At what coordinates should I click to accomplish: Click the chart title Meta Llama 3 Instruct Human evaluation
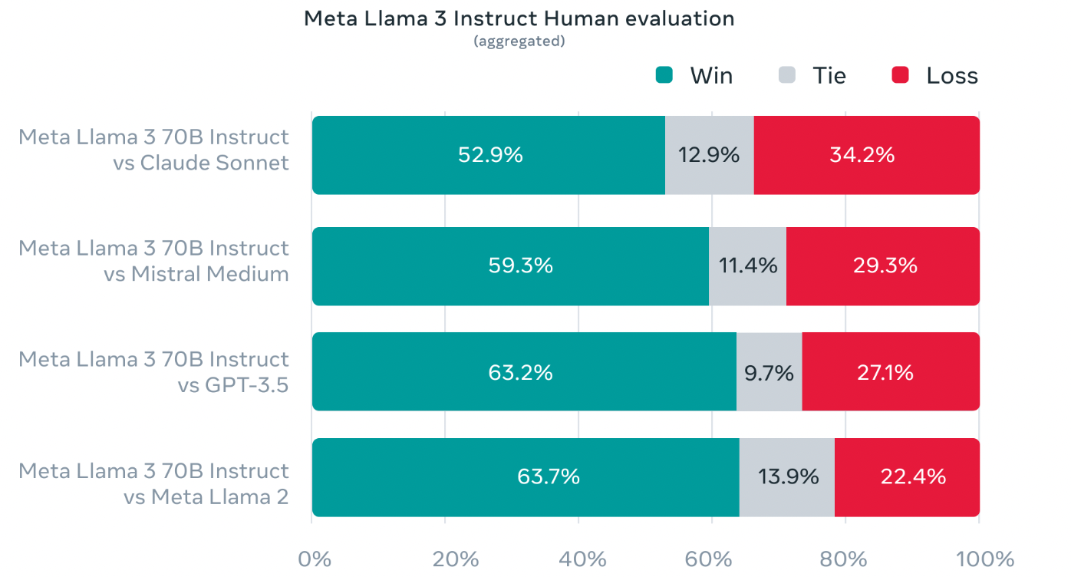coord(519,18)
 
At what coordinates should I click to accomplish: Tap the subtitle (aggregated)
coord(519,41)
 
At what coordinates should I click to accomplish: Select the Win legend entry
coord(694,75)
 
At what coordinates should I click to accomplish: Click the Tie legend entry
coord(813,75)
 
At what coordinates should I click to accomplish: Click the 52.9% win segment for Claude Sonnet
coord(489,155)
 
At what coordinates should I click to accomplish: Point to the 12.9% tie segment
coord(709,155)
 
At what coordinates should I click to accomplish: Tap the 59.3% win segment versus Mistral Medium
coord(511,265)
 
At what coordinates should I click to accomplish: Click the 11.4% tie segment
coord(747,265)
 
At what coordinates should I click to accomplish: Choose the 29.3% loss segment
coord(882,265)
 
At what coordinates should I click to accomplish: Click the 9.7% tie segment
coord(769,372)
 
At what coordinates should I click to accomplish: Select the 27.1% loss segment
coord(890,372)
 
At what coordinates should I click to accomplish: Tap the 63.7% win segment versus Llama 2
coord(526,476)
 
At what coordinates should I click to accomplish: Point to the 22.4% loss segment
coord(906,476)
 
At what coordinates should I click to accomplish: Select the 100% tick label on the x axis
coord(979,559)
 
